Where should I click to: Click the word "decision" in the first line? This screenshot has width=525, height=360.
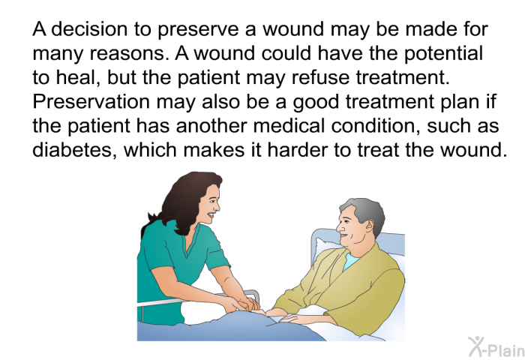80,31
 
